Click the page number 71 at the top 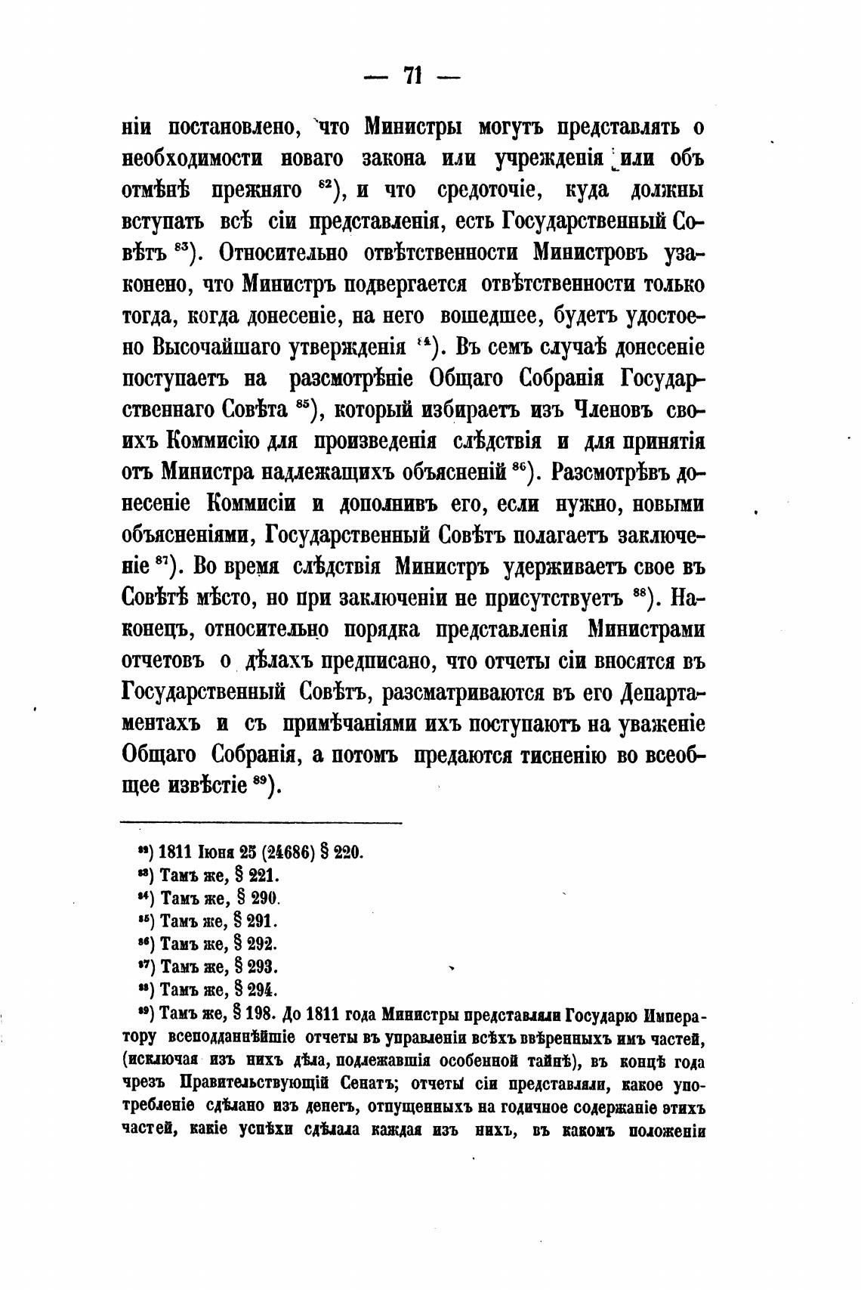(412, 76)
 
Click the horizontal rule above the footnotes (261, 823)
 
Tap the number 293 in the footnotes (264, 967)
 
